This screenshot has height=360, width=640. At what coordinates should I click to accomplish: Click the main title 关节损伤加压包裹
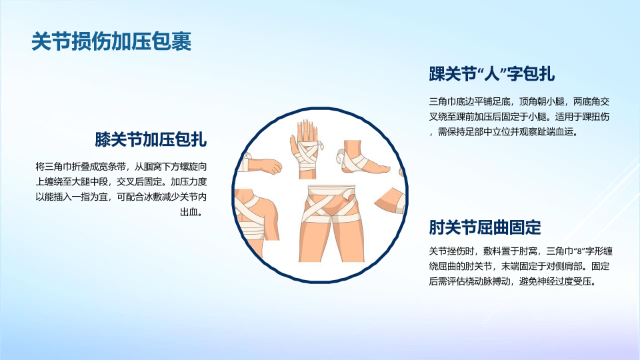click(111, 41)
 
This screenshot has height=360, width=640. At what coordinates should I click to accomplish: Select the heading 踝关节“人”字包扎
click(491, 74)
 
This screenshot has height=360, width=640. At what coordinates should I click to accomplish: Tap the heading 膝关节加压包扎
click(151, 139)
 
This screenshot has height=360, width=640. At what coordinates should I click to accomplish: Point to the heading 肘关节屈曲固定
click(485, 227)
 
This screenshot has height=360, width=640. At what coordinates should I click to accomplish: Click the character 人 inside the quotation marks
click(492, 74)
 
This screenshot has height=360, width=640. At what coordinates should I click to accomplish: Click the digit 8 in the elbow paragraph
click(579, 251)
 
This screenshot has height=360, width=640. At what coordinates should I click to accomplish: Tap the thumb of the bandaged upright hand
click(293, 144)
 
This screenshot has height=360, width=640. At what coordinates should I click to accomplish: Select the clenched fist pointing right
click(271, 167)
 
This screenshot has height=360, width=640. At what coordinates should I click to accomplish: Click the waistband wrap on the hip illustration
click(331, 191)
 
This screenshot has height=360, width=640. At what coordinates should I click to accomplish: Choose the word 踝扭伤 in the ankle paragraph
click(595, 117)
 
